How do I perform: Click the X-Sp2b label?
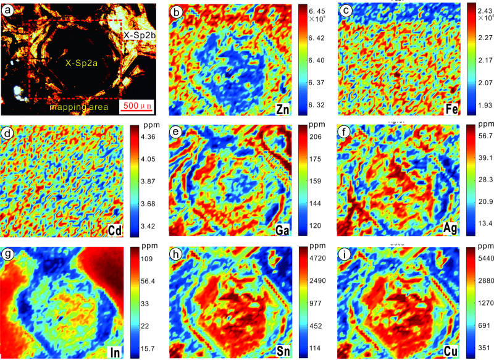138,35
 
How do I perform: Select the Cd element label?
115,230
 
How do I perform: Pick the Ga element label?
283,230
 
